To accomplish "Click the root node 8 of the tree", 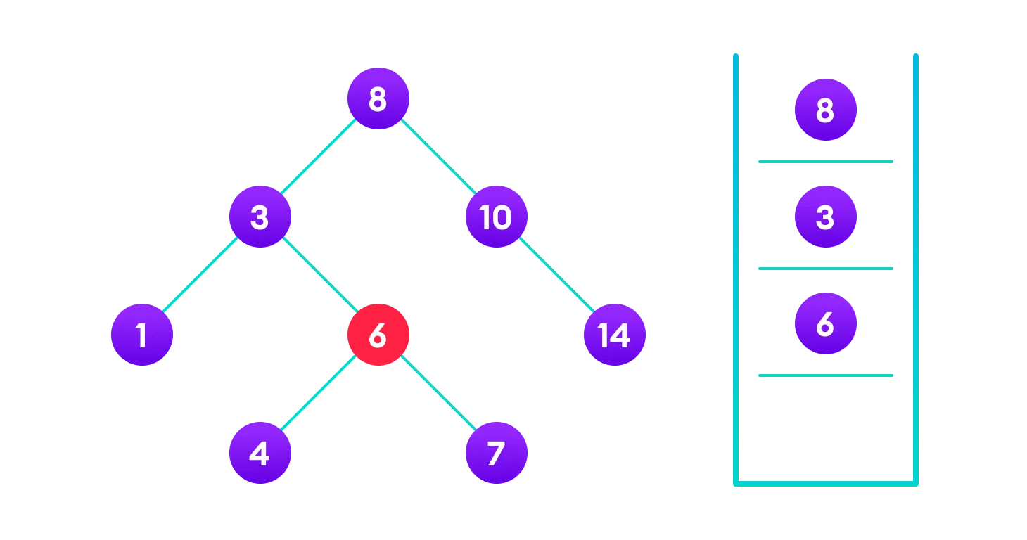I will [x=378, y=98].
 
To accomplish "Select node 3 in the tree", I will [x=260, y=217].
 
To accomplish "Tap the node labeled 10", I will [x=496, y=217].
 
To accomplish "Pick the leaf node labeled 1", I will [x=141, y=335].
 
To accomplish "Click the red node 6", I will [x=378, y=335].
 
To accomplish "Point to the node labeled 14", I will [x=614, y=335].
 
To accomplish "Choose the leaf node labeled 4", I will [x=260, y=453].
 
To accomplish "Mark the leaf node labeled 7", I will [x=496, y=453].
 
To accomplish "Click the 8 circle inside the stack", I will [x=825, y=110].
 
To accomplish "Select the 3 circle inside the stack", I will [x=825, y=217].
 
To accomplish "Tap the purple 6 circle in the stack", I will [x=825, y=323].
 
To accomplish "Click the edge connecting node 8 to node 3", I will [x=319, y=157].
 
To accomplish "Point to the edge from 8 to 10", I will [x=437, y=157].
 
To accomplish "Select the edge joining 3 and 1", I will [x=200, y=276].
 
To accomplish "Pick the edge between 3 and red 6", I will [x=319, y=276].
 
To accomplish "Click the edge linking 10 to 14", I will [x=555, y=276].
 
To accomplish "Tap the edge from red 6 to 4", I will [x=319, y=394].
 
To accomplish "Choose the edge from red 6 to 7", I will [x=437, y=394].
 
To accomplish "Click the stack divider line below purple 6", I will [x=825, y=375].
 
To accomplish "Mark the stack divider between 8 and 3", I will [x=825, y=162].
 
